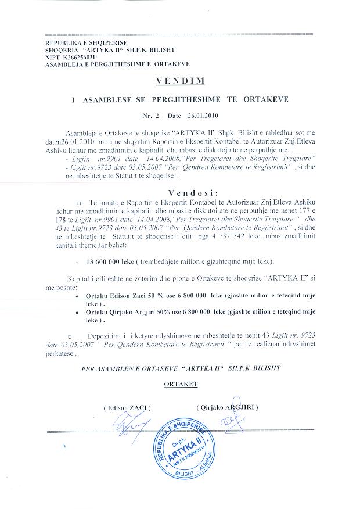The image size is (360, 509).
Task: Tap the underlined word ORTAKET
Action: [x=181, y=383]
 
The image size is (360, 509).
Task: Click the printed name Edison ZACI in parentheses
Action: [x=125, y=408]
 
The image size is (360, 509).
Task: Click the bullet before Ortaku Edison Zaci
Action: [x=80, y=297]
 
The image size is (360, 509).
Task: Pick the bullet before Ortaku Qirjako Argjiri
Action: [x=80, y=313]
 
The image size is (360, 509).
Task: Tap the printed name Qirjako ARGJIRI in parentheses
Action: [x=228, y=408]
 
